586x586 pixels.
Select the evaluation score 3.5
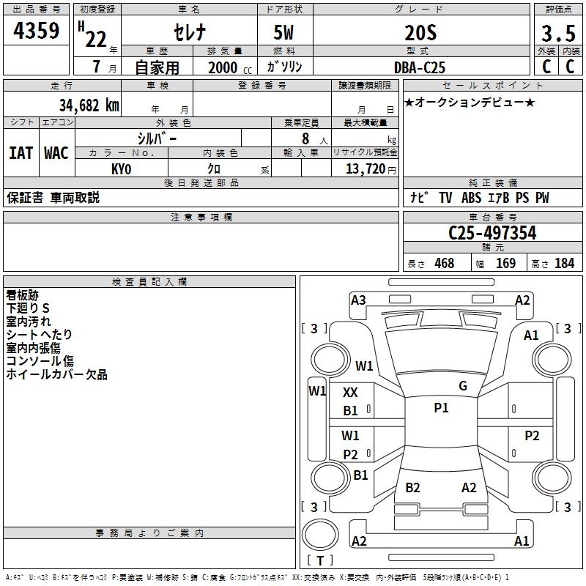click(558, 34)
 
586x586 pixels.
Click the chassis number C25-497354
click(492, 234)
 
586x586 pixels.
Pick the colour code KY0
click(122, 168)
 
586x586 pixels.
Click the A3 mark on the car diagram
click(358, 300)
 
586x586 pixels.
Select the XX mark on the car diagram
click(351, 393)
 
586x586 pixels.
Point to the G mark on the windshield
click(463, 386)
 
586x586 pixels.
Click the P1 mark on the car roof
click(441, 408)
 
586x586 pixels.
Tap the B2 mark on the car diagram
click(413, 488)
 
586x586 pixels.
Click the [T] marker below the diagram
click(320, 561)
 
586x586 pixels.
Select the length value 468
click(444, 264)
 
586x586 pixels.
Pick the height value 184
click(564, 264)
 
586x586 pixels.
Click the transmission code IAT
click(21, 153)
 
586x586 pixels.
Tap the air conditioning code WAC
click(56, 153)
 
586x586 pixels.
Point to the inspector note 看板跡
click(22, 296)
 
